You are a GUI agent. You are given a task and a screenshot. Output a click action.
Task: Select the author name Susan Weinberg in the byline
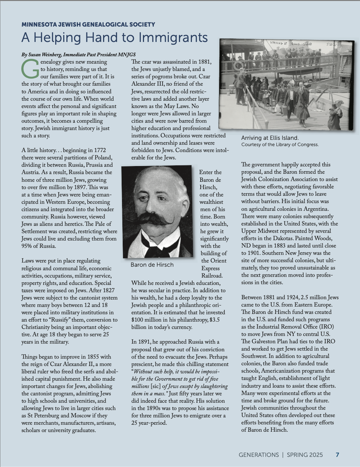point(44,55)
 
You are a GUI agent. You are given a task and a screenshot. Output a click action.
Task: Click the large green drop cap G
point(30,69)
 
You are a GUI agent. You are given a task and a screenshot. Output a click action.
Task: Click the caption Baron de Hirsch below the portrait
point(152,265)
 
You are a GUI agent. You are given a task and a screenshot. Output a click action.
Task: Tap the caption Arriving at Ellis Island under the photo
point(270,138)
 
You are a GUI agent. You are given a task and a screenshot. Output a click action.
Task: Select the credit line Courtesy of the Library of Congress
point(280,145)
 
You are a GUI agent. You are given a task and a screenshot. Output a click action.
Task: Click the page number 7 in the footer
point(337,455)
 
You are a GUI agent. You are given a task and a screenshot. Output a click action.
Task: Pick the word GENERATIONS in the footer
point(259,455)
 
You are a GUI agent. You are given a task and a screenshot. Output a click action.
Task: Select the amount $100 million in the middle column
point(146,320)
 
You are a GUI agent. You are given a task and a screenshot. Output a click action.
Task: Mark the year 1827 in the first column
point(108,290)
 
